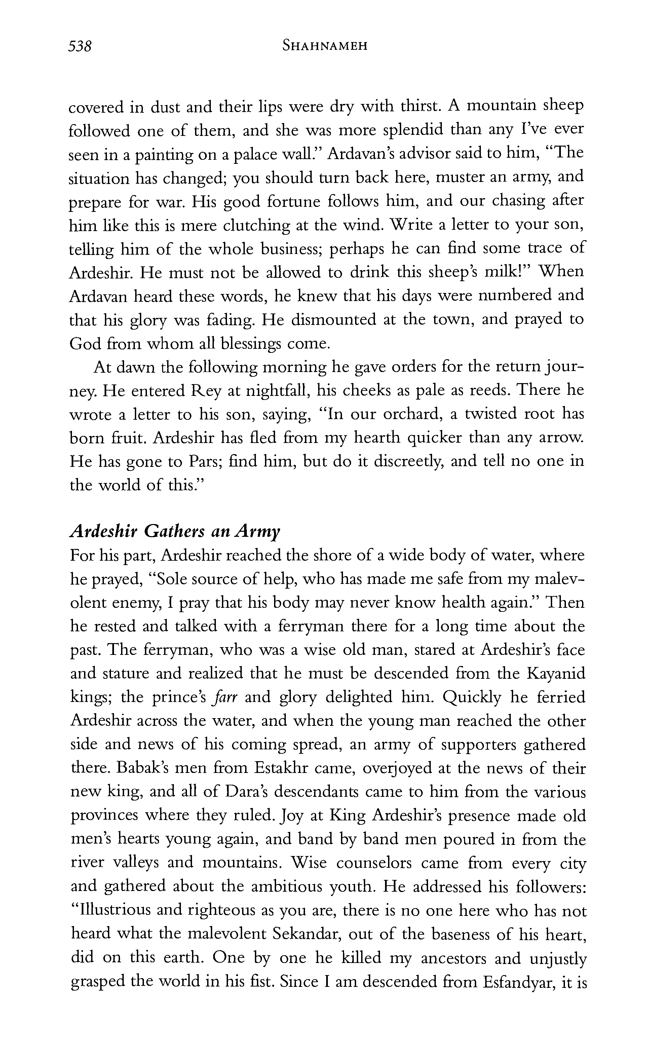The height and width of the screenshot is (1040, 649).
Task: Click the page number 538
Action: click(80, 46)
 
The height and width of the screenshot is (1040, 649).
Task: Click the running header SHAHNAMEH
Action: click(324, 46)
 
